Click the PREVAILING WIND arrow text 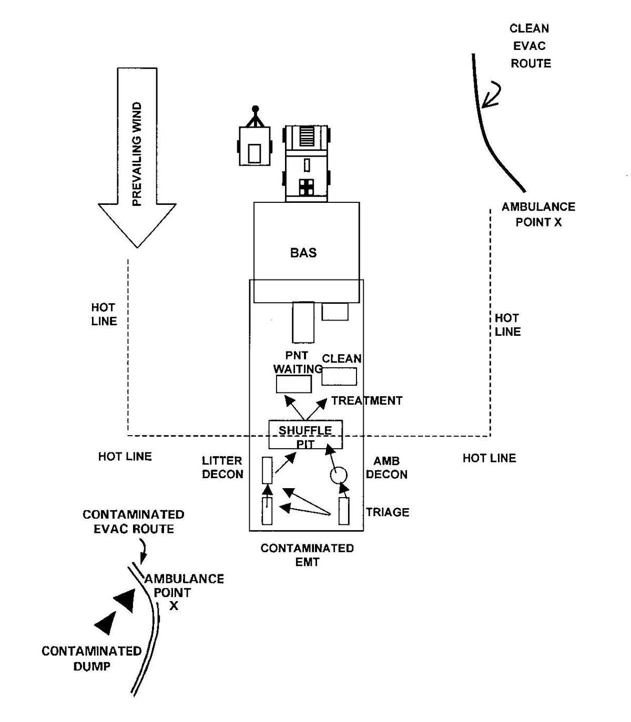pos(137,153)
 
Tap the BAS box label pos(303,253)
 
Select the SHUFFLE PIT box pos(306,435)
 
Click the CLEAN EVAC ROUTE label pos(530,46)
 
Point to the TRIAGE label pos(388,512)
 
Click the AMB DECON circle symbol pos(339,476)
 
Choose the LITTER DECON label pos(222,468)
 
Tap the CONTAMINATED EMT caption pos(307,555)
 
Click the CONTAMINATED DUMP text pos(91,658)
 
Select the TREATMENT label pos(367,400)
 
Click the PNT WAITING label pos(297,362)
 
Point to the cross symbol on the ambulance pos(306,187)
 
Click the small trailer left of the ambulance pos(255,150)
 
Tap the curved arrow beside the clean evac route pos(493,95)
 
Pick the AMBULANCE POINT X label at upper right pos(538,214)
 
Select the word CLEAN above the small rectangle pos(342,359)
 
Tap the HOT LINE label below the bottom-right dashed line pos(489,458)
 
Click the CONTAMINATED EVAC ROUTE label pos(134,521)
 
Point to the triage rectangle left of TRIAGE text pos(344,511)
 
